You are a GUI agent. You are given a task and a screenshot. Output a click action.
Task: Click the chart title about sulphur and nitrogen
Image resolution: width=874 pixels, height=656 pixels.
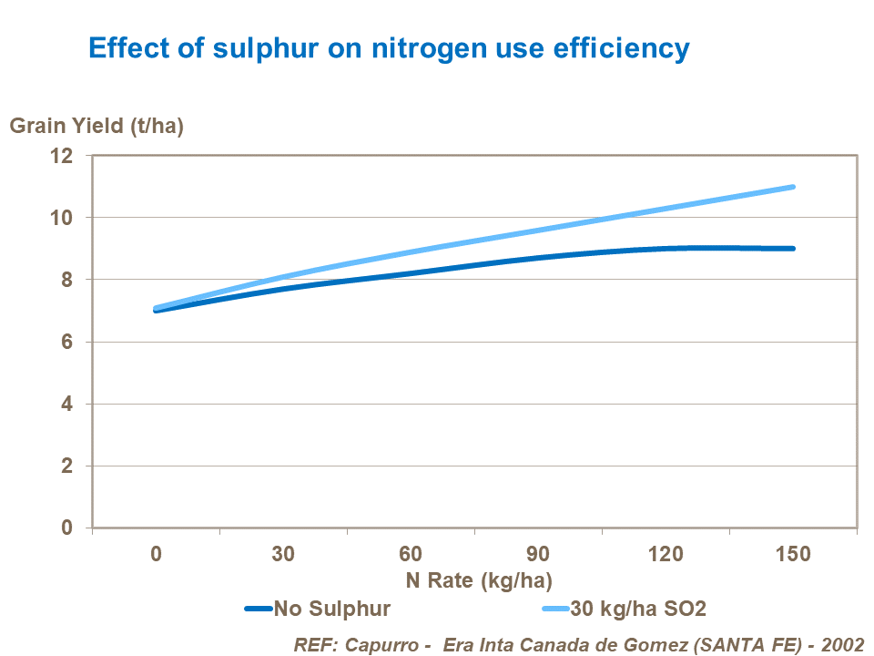[389, 47]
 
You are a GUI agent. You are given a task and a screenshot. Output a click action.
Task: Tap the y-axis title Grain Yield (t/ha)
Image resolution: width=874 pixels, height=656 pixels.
[97, 126]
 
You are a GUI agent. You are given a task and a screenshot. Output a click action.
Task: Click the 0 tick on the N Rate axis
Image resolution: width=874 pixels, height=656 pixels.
[157, 554]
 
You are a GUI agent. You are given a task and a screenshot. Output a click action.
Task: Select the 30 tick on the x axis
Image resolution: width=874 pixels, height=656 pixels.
[283, 554]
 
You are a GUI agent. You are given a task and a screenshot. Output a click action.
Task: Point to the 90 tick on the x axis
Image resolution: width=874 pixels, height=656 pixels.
[538, 554]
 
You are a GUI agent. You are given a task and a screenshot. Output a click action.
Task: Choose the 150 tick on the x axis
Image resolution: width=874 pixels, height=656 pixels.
[793, 554]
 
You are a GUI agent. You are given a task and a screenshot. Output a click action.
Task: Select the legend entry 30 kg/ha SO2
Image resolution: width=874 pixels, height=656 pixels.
[636, 608]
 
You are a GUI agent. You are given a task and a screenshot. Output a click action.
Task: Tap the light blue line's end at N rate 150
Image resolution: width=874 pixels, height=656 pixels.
[793, 187]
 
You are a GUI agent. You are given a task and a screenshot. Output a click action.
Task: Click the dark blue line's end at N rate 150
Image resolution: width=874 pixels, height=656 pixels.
[793, 248]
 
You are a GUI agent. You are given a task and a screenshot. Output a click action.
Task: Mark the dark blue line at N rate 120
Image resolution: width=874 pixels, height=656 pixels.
[666, 248]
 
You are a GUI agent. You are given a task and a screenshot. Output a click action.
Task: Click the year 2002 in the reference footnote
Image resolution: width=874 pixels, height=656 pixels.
[841, 643]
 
